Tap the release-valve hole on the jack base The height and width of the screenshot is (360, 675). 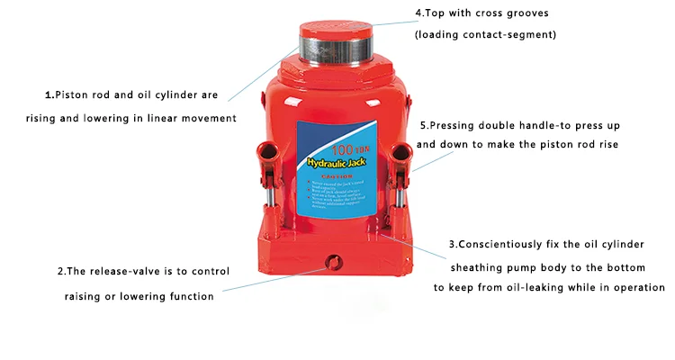point(334,263)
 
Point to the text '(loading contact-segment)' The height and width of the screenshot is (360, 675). point(485,35)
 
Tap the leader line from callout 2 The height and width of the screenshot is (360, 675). point(270,278)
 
